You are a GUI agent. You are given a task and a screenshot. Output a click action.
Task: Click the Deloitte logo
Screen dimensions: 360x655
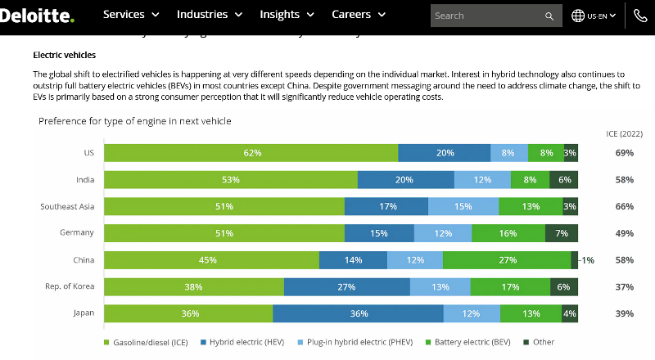37,15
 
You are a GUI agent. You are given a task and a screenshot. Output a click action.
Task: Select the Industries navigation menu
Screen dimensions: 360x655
210,15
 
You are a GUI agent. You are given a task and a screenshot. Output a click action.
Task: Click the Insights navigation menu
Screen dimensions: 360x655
287,15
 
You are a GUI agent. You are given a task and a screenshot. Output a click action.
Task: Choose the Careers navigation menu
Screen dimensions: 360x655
359,15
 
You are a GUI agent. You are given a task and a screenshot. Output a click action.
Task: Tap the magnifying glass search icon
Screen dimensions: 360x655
549,16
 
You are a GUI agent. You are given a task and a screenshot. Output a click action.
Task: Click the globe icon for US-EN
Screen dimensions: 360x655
578,16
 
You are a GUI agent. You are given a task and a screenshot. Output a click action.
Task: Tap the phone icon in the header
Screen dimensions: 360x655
640,16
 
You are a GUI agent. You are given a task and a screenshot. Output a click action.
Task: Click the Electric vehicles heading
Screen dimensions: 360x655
65,56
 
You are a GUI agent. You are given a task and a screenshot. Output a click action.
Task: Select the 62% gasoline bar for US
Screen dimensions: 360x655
251,153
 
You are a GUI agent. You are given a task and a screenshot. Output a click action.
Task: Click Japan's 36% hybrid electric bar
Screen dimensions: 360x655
358,313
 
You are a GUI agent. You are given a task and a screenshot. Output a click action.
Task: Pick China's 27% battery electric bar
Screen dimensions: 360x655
507,260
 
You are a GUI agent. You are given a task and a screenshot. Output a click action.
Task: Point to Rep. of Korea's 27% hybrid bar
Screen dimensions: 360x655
346,286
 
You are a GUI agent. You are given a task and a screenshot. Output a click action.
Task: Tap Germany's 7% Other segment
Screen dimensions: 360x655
562,233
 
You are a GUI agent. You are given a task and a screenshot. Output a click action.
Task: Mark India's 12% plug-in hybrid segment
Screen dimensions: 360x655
482,180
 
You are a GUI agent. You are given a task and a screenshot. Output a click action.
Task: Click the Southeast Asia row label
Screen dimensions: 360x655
67,207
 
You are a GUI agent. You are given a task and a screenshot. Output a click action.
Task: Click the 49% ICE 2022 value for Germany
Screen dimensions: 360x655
624,233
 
